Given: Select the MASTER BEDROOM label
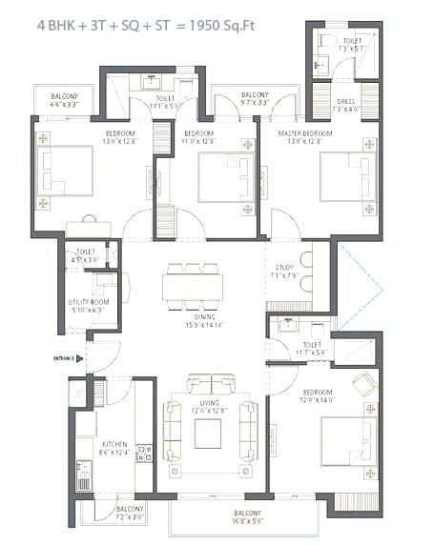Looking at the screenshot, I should click(x=305, y=132).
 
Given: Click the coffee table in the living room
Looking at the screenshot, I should click(x=209, y=433).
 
